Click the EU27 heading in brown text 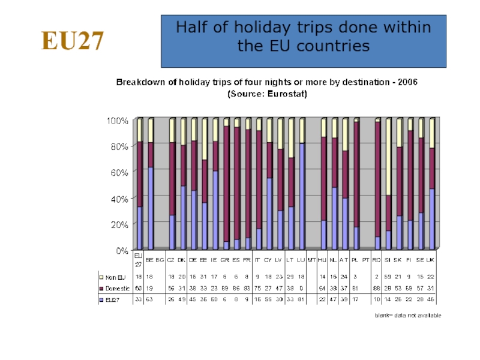(x=73, y=41)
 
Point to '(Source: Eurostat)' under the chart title (x=266, y=94)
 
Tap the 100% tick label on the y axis (x=117, y=121)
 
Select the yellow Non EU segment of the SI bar (x=388, y=157)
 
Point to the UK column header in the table (x=431, y=260)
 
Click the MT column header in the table (x=312, y=260)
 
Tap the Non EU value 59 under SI (x=388, y=278)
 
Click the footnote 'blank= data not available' (x=409, y=316)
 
